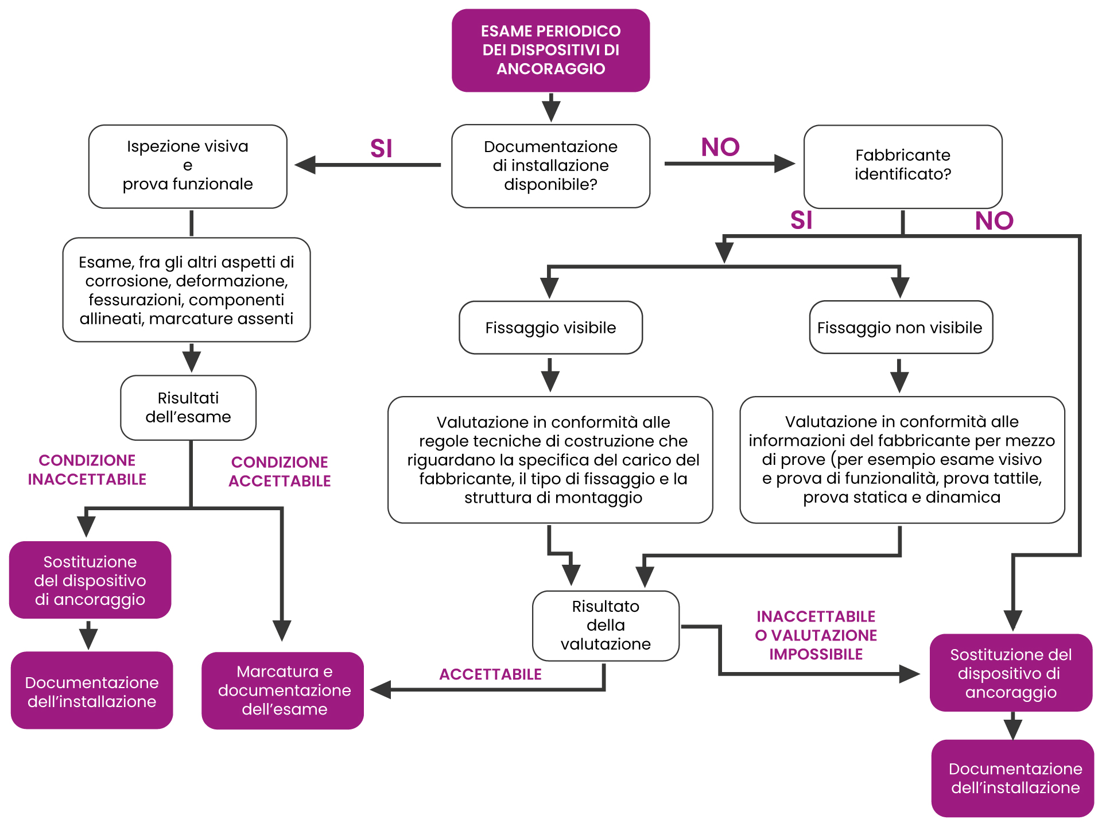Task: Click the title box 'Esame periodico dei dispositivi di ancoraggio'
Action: click(x=550, y=51)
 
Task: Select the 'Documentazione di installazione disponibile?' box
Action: click(x=550, y=166)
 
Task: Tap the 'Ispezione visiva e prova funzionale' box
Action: click(x=188, y=166)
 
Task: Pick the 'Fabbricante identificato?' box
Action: click(x=902, y=165)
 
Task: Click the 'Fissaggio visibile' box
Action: click(x=550, y=328)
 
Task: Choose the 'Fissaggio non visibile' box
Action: click(x=900, y=328)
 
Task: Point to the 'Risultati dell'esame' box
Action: click(x=188, y=407)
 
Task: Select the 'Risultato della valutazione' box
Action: click(x=606, y=626)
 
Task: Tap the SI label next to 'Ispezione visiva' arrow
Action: click(x=381, y=149)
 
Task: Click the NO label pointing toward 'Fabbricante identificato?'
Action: click(x=720, y=147)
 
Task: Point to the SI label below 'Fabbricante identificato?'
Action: click(x=801, y=220)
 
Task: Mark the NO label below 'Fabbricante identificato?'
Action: click(x=994, y=221)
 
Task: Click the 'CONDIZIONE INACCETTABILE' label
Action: click(x=87, y=470)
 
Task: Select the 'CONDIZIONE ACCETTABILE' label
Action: click(x=280, y=472)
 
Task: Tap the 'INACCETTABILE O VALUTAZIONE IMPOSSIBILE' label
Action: click(x=816, y=635)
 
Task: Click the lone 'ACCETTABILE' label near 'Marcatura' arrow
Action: click(x=490, y=674)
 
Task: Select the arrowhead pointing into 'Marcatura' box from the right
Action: click(x=381, y=689)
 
